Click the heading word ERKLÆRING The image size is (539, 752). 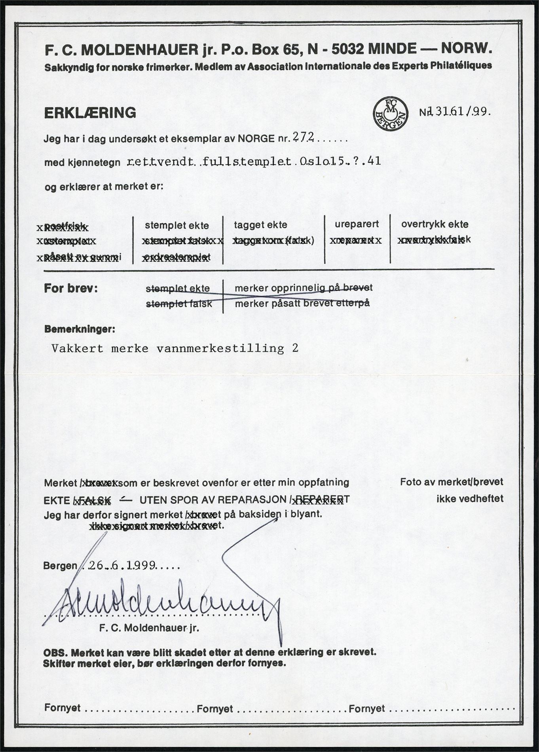(90, 113)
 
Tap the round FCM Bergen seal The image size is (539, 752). (390, 114)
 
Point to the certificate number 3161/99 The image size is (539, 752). (459, 112)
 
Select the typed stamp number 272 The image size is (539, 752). (303, 137)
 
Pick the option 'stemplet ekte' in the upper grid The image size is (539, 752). (177, 225)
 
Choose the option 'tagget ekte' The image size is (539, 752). (260, 225)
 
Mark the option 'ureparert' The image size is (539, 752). (357, 224)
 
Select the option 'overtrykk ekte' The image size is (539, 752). (435, 224)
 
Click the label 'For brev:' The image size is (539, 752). (71, 288)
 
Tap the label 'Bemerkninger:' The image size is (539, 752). (80, 329)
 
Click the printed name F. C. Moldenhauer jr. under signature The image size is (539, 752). (150, 628)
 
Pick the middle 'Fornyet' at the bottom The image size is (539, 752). (215, 708)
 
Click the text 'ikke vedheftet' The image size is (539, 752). (470, 499)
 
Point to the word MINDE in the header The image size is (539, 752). (392, 49)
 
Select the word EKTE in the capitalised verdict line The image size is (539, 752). (57, 500)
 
